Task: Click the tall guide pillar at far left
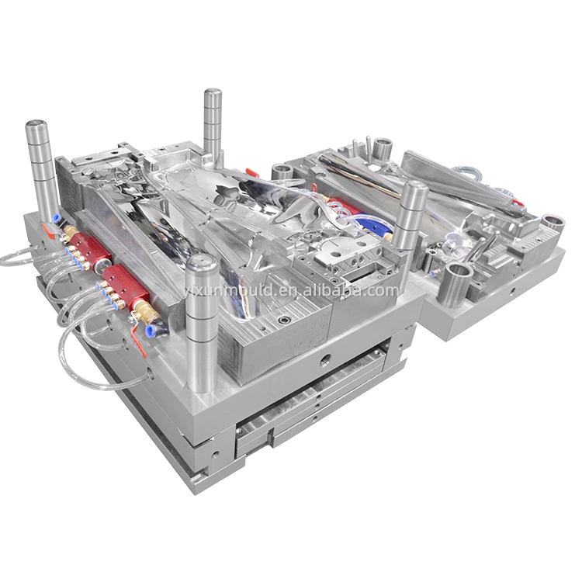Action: point(40,171)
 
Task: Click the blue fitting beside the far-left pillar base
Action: point(56,218)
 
